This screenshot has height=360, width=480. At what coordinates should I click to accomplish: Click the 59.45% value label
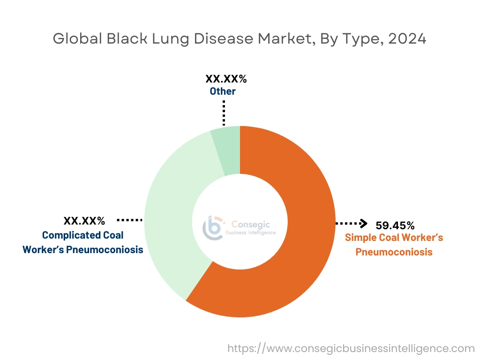click(x=395, y=225)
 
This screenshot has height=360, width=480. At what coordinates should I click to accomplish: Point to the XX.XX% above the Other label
click(x=226, y=78)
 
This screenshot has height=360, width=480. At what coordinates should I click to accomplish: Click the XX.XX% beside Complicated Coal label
click(x=84, y=220)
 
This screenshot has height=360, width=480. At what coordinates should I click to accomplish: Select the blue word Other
click(x=223, y=91)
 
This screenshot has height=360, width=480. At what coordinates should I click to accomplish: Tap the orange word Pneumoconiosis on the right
click(x=394, y=252)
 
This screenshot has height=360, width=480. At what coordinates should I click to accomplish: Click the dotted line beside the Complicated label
click(x=129, y=219)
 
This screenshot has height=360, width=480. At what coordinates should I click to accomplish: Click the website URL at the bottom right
click(x=351, y=349)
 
